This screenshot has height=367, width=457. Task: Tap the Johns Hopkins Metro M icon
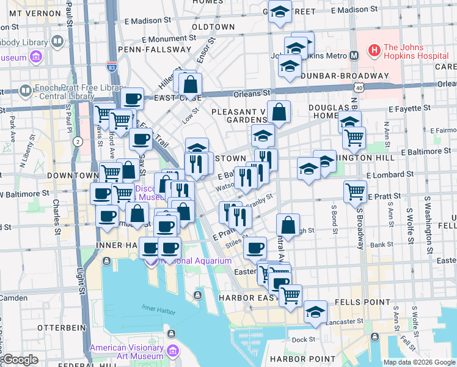(354, 56)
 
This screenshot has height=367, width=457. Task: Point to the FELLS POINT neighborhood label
(365, 302)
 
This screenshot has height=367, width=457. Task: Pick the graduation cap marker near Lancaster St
(315, 312)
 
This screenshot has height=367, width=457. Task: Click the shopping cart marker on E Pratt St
(355, 191)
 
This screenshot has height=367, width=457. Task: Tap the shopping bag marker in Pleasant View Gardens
(279, 113)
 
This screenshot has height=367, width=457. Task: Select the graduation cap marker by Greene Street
(280, 12)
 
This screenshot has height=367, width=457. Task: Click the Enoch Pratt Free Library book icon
(26, 91)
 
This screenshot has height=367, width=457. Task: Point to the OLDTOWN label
(213, 27)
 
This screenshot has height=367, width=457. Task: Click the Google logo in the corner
(20, 360)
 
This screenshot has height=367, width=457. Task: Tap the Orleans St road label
(251, 94)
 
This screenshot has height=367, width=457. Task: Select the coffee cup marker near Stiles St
(255, 248)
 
